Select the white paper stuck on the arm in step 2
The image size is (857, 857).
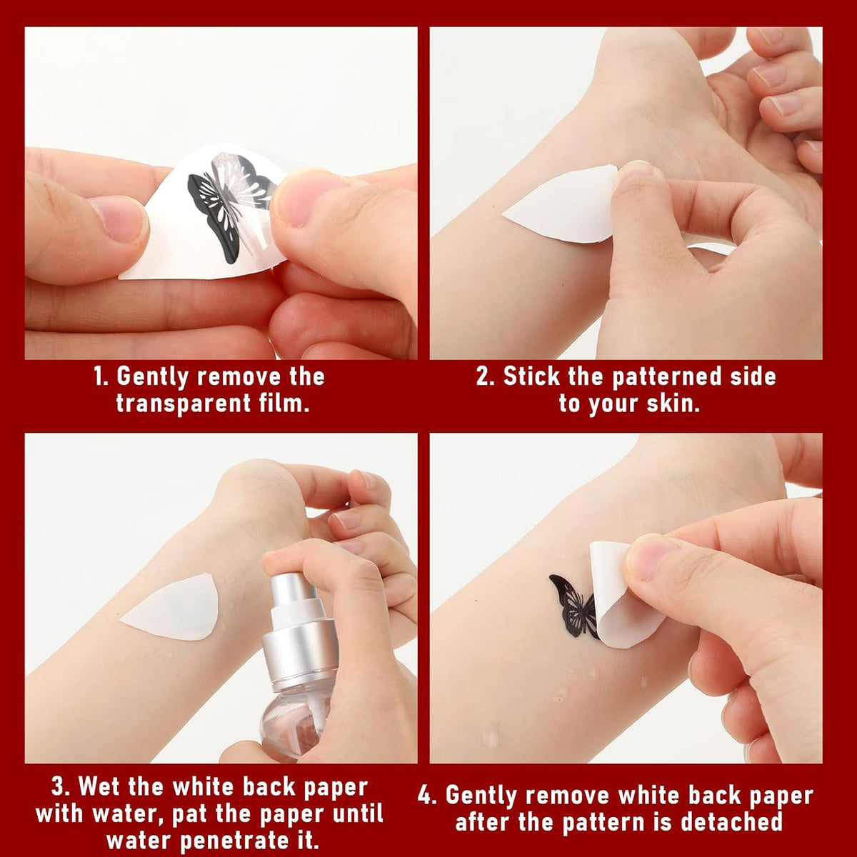coord(561,204)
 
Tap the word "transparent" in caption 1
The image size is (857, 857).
coord(184,404)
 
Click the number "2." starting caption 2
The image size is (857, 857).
coord(486,376)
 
